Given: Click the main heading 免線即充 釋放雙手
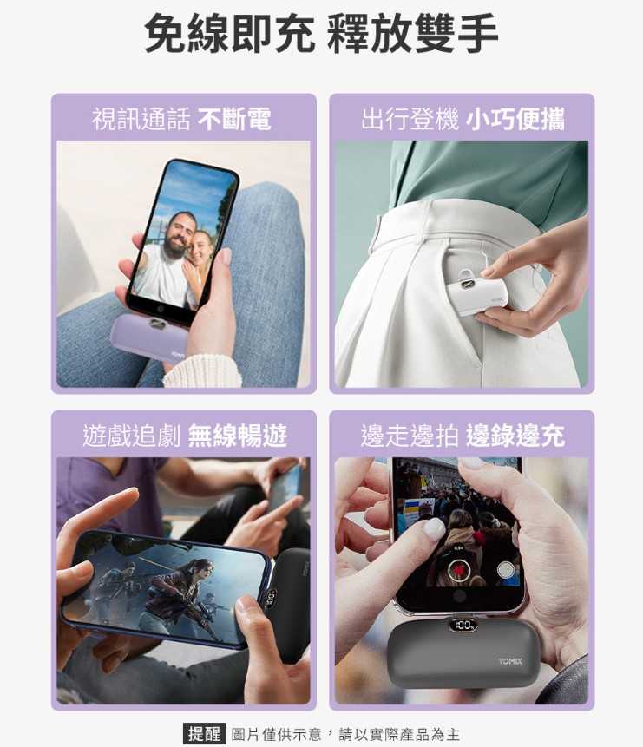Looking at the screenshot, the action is pos(321,33).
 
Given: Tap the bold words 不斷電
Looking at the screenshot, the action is pos(234,119).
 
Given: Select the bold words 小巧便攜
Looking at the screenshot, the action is pos(515,119).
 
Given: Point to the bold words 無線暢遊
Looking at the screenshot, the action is pos(238,435).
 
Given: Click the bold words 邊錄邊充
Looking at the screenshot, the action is pos(515,435).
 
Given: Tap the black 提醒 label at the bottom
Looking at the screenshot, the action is pos(204,733).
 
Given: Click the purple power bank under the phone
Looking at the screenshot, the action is pos(148,337).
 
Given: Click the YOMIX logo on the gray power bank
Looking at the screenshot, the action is pos(510,661).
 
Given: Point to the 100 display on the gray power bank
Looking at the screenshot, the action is pos(463,625).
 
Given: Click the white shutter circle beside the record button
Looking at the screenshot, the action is pos(505,569).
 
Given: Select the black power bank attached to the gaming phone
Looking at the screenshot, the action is pos(287,605).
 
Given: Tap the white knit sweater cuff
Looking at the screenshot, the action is pos(202,371).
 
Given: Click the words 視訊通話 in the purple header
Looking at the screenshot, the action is pos(141,119).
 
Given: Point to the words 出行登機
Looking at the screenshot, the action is pos(410,119).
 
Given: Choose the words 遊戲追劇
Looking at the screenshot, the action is pos(132,435).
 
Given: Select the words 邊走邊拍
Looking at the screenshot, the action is pos(410,435).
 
